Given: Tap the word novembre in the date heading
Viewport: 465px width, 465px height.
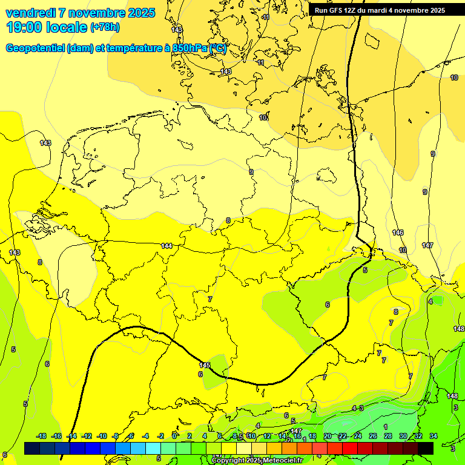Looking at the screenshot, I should point(111,13).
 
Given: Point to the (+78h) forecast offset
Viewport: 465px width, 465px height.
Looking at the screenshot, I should point(105,27).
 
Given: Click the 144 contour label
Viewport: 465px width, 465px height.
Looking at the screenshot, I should point(167,245).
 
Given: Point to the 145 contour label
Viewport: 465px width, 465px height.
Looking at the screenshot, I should point(205,365).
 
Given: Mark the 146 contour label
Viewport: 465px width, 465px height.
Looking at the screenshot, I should point(398,232).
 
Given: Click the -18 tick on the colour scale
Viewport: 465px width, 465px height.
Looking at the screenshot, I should point(42,436).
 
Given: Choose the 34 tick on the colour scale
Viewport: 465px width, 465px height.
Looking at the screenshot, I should point(434,436).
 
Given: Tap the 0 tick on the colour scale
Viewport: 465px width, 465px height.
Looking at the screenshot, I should point(174,436).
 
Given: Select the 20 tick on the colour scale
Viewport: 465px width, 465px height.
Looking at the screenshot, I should point(328,436).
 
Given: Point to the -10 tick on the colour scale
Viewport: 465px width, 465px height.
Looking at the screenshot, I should point(102,436).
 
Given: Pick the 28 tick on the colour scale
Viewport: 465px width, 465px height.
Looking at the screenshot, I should point(388,436).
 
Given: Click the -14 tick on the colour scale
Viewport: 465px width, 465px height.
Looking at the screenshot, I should point(71,436).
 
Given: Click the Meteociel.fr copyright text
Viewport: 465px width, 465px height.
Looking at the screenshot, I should point(257,461).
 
